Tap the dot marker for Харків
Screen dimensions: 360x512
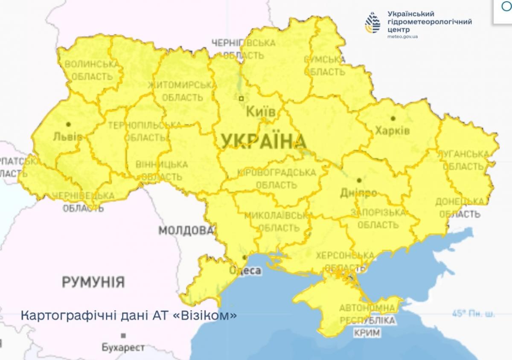click(393, 119)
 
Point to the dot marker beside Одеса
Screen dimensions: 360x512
click(244, 258)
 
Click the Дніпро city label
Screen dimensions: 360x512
click(358, 193)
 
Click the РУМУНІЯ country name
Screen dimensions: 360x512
click(93, 282)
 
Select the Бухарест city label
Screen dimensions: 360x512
click(117, 347)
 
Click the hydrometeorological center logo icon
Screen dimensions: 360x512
click(372, 23)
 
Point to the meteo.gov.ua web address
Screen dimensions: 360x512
click(402, 37)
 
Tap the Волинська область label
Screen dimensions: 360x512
click(91, 70)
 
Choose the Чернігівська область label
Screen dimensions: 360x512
click(244, 49)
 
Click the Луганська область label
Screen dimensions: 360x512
click(465, 160)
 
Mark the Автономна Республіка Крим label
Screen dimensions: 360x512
click(367, 320)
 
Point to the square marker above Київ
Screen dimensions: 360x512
click(241, 98)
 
